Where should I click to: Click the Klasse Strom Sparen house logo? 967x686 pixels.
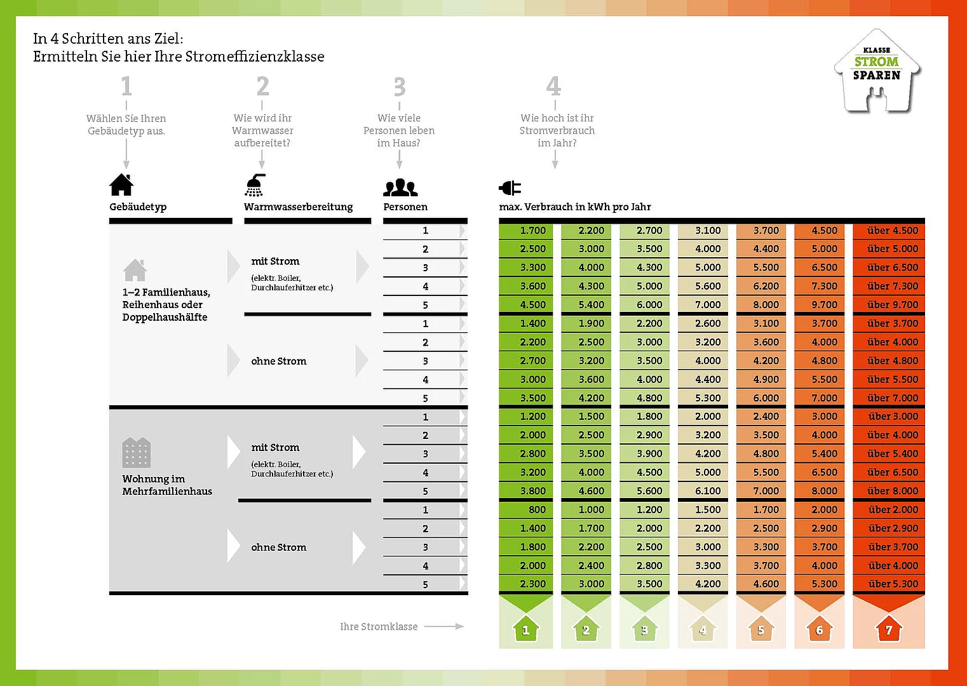click(x=877, y=71)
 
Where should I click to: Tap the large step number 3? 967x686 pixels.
click(x=399, y=86)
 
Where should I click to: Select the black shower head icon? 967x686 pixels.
click(x=254, y=185)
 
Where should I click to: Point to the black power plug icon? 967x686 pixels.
click(x=510, y=187)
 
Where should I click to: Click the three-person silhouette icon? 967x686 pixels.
click(x=400, y=187)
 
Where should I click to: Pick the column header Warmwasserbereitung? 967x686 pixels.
click(x=298, y=206)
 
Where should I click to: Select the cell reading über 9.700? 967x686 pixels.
click(x=892, y=305)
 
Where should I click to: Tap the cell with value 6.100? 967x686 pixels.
click(x=708, y=491)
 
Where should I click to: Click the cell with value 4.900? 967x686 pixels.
click(x=766, y=379)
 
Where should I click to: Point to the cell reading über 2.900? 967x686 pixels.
click(x=893, y=528)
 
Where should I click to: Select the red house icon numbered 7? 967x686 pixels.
click(x=888, y=629)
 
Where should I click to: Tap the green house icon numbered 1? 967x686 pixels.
click(x=525, y=629)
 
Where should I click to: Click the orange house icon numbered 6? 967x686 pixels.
click(x=819, y=629)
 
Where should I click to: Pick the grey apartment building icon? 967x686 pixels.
click(x=136, y=452)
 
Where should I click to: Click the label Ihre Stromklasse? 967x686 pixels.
click(x=379, y=626)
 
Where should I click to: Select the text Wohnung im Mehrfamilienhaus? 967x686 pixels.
click(x=166, y=485)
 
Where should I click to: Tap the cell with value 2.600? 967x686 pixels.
click(x=707, y=323)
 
